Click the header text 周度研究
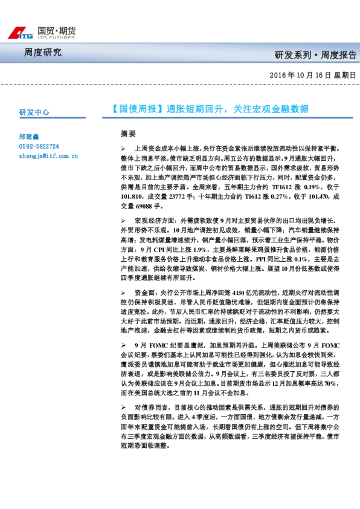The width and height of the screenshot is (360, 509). pos(43,53)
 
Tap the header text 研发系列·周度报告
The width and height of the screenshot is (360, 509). pos(315,55)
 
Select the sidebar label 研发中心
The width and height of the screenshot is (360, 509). pos(34,112)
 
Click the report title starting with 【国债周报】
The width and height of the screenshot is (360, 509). pos(210,109)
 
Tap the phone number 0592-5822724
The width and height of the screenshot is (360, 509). pos(39,146)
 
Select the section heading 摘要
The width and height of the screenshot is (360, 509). pos(128,133)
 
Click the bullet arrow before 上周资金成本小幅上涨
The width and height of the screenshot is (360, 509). pos(123,148)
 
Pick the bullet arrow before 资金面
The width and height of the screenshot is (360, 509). pos(123,293)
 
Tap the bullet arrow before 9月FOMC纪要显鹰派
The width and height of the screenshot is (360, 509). pos(123,345)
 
